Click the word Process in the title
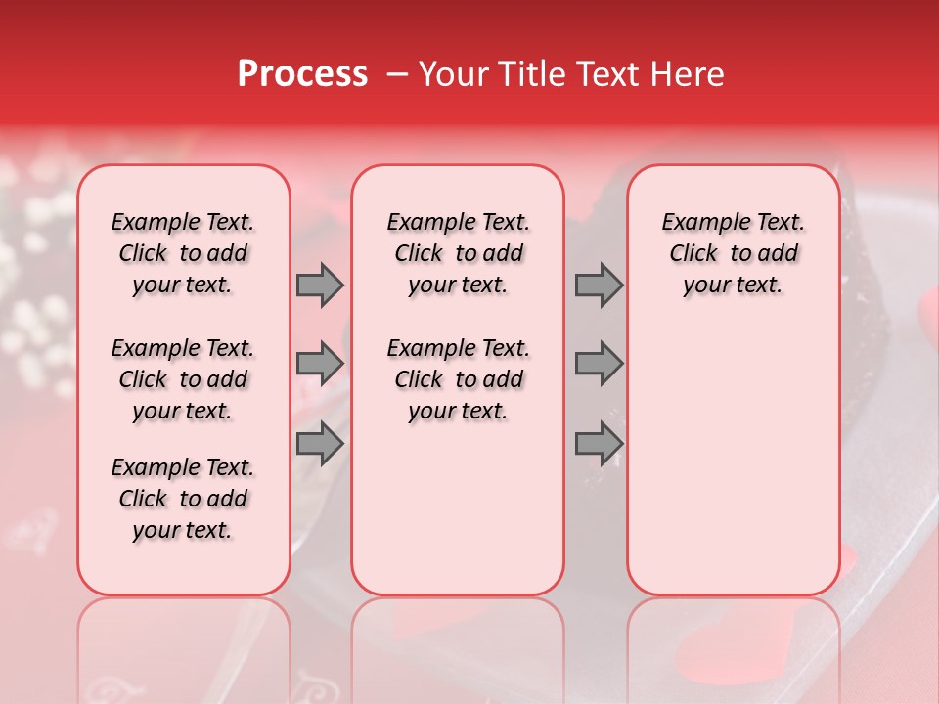coord(302,74)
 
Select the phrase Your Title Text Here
coord(571,74)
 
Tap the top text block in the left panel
coord(183,253)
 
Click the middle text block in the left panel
coord(183,379)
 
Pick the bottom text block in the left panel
coord(183,499)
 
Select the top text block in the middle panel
coord(458,253)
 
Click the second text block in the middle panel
coord(458,379)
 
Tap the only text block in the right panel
coord(733,253)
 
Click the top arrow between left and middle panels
coord(320,285)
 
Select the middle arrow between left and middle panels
coord(320,365)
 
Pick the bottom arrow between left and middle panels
coord(320,444)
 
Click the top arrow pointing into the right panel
coord(599,285)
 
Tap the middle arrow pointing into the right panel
coord(599,365)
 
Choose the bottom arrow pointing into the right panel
coord(599,444)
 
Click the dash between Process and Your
coord(397,75)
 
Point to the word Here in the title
coord(690,74)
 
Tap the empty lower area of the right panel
coord(733,460)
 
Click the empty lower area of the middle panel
coord(458,508)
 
